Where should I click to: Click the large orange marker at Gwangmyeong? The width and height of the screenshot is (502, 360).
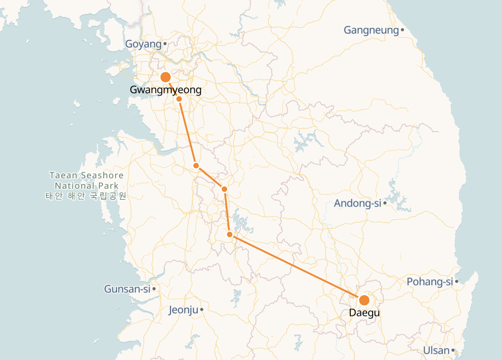pyautogui.click(x=166, y=78)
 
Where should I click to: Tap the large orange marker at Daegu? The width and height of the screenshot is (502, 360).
pyautogui.click(x=364, y=300)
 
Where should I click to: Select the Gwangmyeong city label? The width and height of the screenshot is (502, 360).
pyautogui.click(x=166, y=90)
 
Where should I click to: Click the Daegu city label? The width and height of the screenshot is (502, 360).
pyautogui.click(x=364, y=313)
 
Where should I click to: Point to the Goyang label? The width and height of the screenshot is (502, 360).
pyautogui.click(x=143, y=44)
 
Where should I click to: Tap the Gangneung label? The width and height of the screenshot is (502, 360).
pyautogui.click(x=371, y=30)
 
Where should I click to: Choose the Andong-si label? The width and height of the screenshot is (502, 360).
pyautogui.click(x=357, y=203)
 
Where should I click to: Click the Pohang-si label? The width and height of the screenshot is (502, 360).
pyautogui.click(x=430, y=282)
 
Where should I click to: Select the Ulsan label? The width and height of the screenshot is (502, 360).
pyautogui.click(x=436, y=350)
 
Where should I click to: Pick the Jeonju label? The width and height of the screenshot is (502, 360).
pyautogui.click(x=183, y=310)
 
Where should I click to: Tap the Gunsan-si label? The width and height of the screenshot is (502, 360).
pyautogui.click(x=127, y=289)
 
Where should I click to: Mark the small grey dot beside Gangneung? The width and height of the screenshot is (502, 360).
pyautogui.click(x=403, y=30)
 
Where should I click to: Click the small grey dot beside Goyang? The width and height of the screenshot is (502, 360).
pyautogui.click(x=165, y=44)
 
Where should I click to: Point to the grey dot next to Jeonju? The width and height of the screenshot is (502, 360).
pyautogui.click(x=202, y=310)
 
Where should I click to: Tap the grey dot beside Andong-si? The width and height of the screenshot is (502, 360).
pyautogui.click(x=385, y=203)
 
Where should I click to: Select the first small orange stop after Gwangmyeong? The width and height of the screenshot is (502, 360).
pyautogui.click(x=179, y=99)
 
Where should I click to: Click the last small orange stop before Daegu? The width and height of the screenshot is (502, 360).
pyautogui.click(x=230, y=234)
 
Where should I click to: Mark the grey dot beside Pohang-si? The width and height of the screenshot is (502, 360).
pyautogui.click(x=457, y=282)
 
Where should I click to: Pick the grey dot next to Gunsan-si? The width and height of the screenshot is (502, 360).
pyautogui.click(x=154, y=289)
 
